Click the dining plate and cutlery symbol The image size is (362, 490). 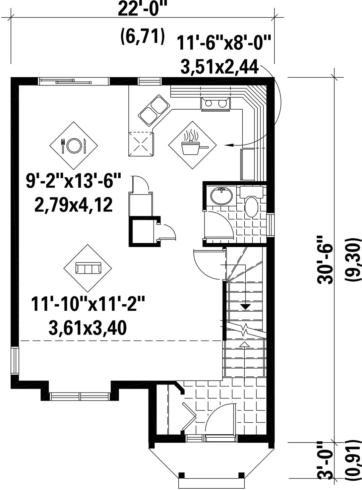[x=73, y=145]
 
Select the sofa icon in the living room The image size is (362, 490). [x=88, y=268]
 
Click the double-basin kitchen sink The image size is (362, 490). [x=154, y=111]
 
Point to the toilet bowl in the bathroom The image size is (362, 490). [x=251, y=206]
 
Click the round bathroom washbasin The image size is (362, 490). [x=222, y=196]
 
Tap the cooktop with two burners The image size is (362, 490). [x=215, y=103]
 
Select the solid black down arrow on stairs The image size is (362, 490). [x=245, y=307]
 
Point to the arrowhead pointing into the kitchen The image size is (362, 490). [x=229, y=145]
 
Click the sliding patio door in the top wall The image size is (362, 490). [x=74, y=81]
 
